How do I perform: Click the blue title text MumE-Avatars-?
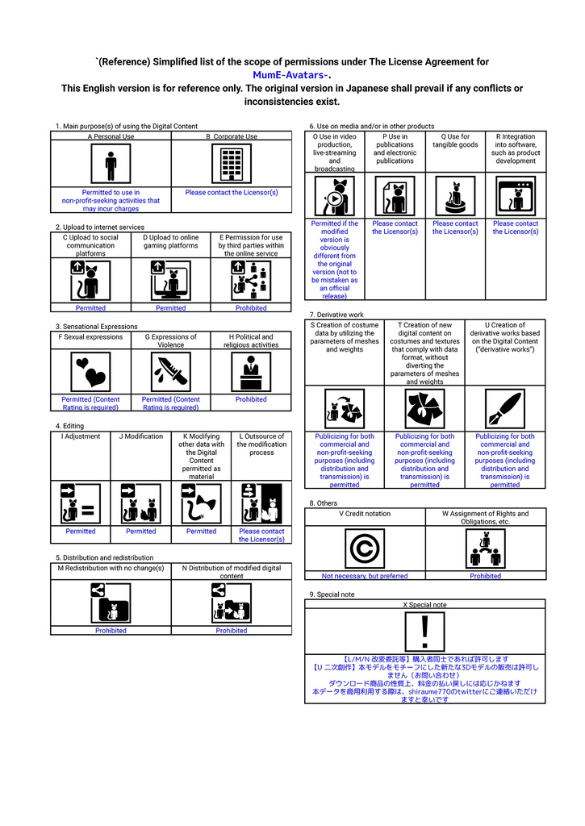[292, 75]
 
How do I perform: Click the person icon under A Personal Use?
[111, 165]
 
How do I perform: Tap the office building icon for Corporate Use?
[232, 165]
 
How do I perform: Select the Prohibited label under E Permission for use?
[251, 308]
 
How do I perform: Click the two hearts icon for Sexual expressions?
[90, 372]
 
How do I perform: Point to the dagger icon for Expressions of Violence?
[170, 372]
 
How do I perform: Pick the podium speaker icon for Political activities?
[251, 372]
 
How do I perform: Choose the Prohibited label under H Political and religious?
[251, 399]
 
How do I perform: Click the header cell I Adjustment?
[81, 436]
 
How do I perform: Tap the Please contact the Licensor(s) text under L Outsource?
[261, 536]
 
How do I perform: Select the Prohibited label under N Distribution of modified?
[232, 631]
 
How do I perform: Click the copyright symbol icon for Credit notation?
[365, 549]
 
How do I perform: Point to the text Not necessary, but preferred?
[365, 576]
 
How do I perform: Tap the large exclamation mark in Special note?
[424, 630]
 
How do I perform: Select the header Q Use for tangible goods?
[455, 141]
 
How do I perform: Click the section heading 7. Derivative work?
[336, 314]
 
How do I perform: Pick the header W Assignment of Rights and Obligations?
[486, 517]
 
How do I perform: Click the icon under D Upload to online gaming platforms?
[170, 280]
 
